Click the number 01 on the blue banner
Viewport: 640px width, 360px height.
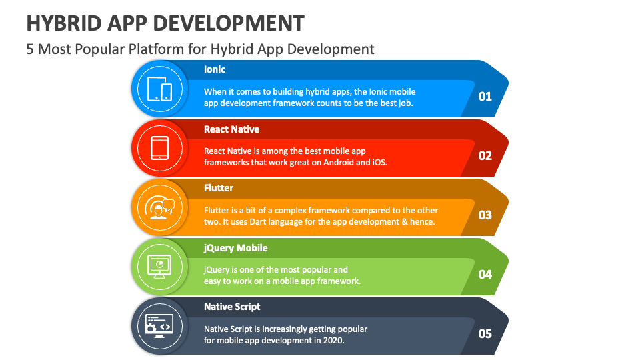(x=485, y=96)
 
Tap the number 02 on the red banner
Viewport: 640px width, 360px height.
(x=485, y=155)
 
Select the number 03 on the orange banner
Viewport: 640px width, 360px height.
(x=485, y=215)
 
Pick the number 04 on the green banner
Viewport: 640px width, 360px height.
(x=485, y=274)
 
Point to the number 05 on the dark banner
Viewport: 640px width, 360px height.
(x=485, y=333)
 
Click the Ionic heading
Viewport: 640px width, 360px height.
(x=215, y=69)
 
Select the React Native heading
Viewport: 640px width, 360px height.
(x=231, y=129)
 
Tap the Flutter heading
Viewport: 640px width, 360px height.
(x=219, y=188)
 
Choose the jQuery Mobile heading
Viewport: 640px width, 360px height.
(x=235, y=247)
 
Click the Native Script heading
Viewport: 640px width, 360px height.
(x=232, y=307)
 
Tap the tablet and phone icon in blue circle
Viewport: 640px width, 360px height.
(x=159, y=89)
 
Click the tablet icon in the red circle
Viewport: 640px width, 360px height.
(x=159, y=148)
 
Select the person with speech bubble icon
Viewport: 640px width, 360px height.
(x=159, y=207)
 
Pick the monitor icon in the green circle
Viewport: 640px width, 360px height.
(x=159, y=266)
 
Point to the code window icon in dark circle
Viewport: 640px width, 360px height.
(x=159, y=325)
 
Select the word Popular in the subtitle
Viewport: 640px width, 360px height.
(x=109, y=49)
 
